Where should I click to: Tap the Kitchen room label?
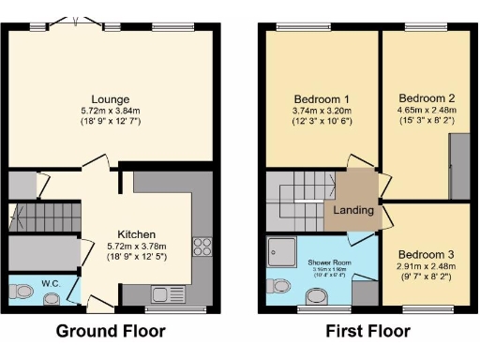point(136,233)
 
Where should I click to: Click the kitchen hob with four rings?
point(202,247)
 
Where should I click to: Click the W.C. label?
point(52,282)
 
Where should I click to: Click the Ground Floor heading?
point(111,331)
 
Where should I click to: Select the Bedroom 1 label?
point(322,100)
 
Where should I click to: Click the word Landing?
point(353,210)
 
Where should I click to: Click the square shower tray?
point(281,249)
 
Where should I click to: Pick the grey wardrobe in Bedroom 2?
point(460,166)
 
